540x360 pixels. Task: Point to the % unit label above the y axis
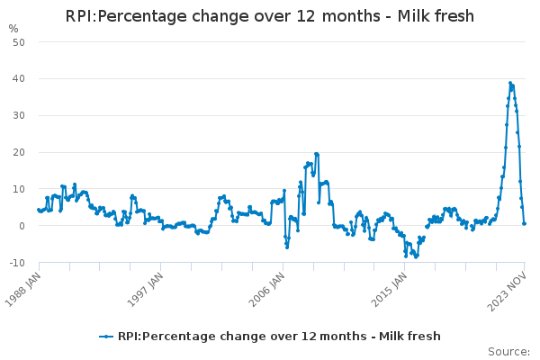pos(13,29)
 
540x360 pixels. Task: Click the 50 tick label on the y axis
pos(19,42)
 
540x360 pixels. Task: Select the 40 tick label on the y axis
pos(19,79)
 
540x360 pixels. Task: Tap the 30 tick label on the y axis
pos(19,116)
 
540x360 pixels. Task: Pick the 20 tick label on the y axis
pos(19,153)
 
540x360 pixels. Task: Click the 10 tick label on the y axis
pos(19,189)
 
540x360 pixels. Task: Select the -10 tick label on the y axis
pos(17,263)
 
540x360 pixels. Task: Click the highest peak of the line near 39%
pos(510,83)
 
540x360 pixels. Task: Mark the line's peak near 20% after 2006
pos(316,154)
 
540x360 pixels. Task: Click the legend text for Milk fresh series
pos(279,337)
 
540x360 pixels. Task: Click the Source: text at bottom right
pos(508,352)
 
